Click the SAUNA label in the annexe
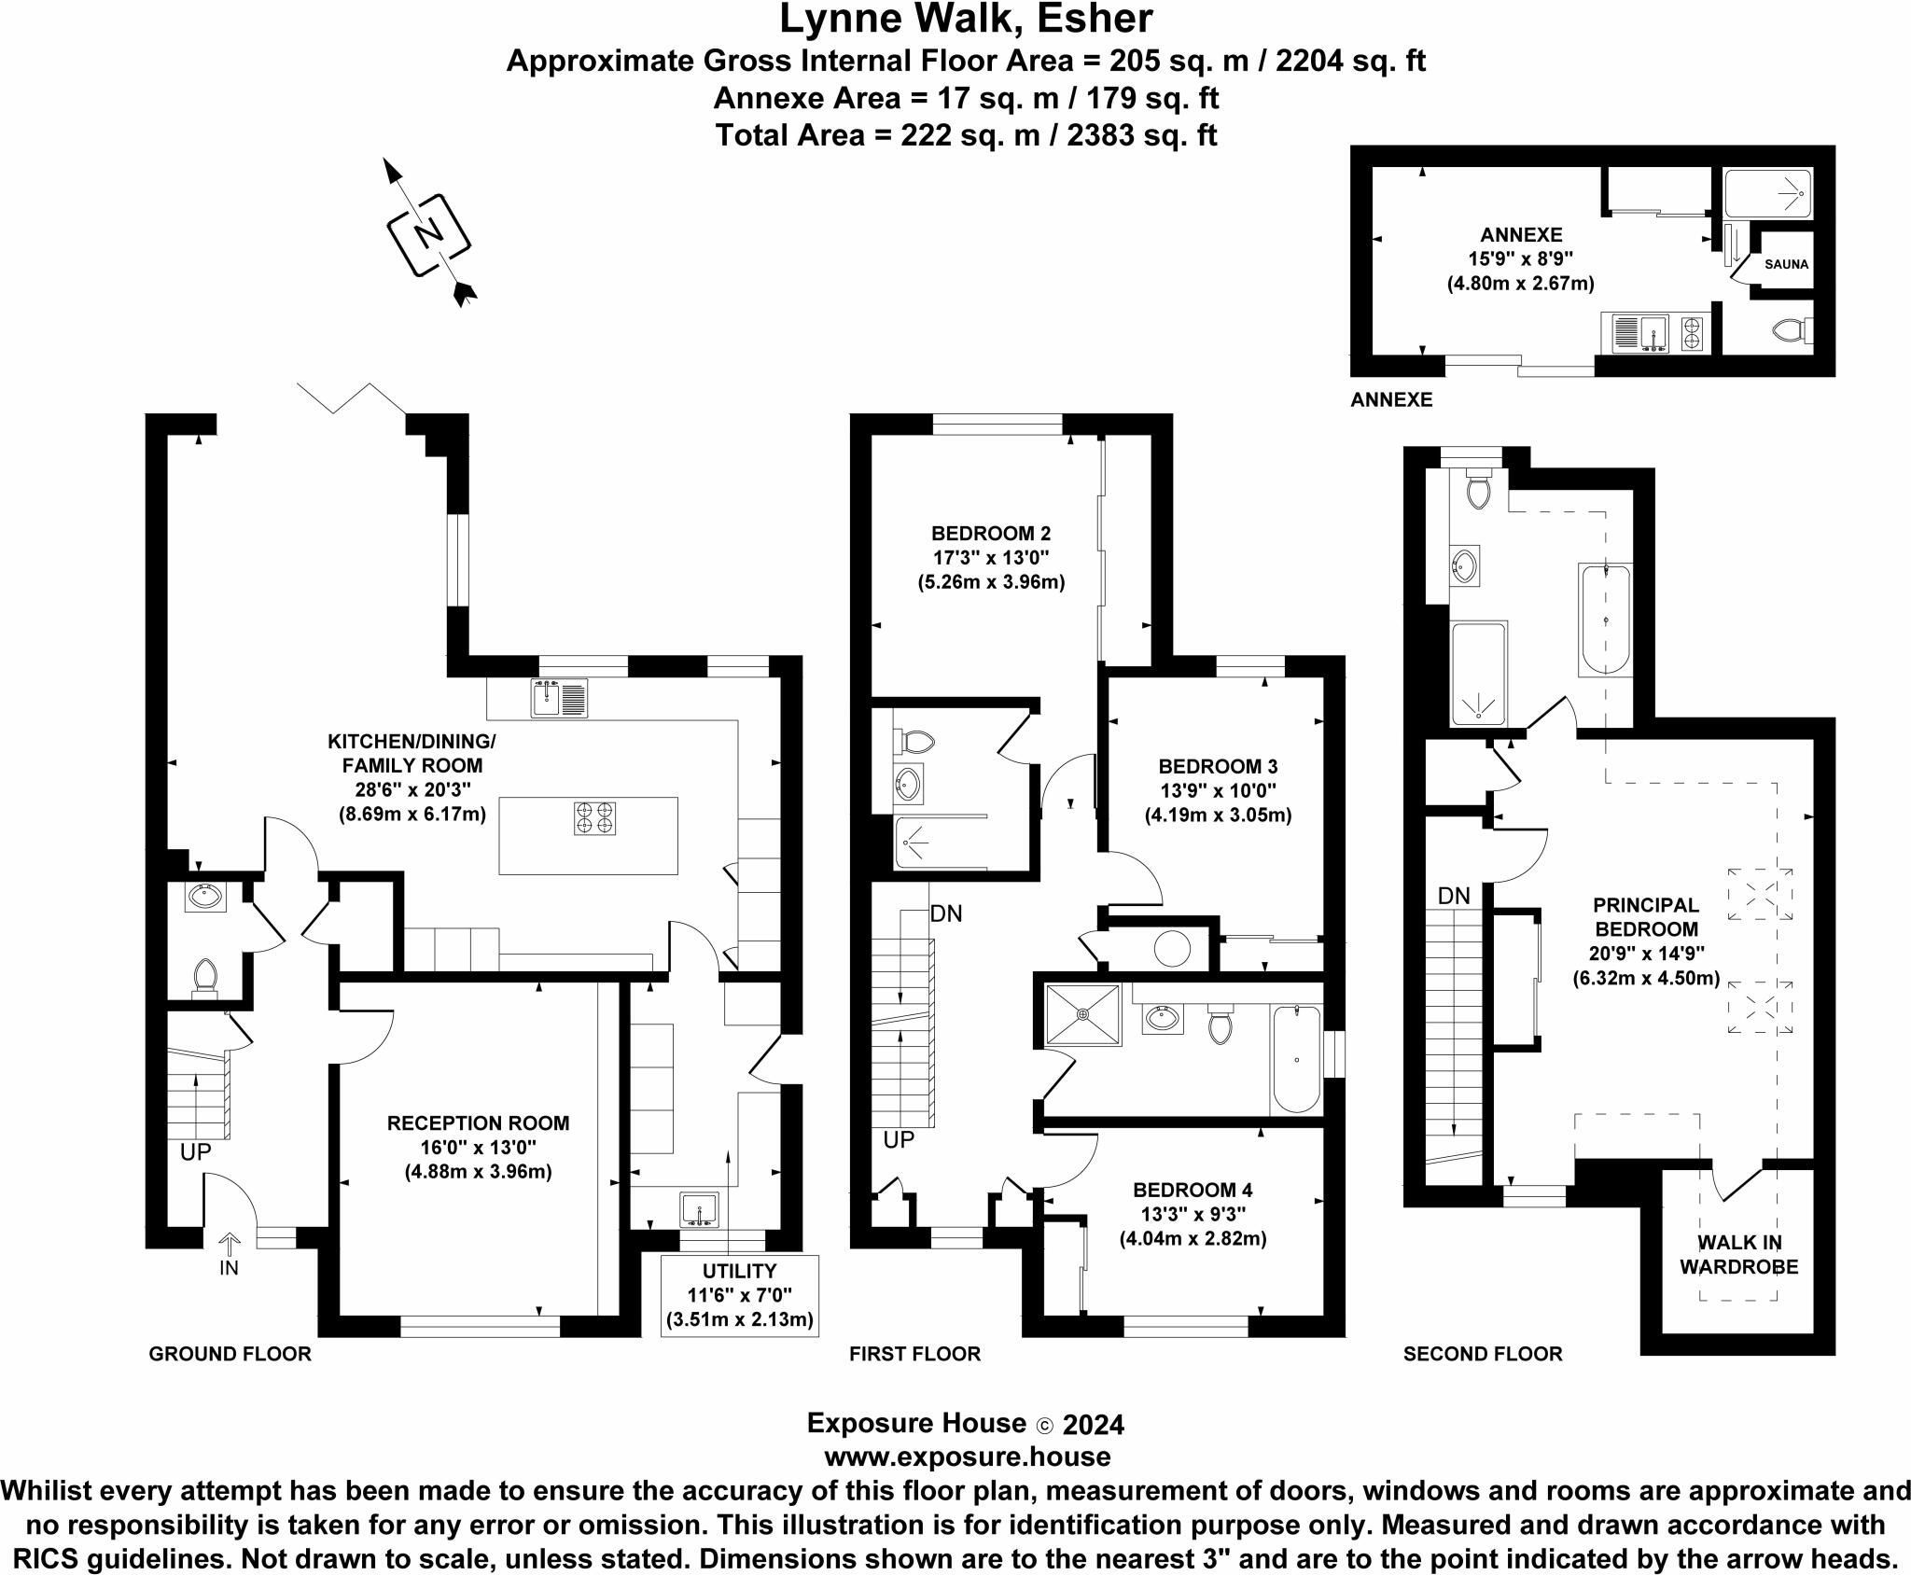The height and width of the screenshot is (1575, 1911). click(x=1786, y=264)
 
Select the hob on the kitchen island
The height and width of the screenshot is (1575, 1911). click(x=594, y=817)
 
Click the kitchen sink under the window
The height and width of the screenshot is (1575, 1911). click(x=559, y=698)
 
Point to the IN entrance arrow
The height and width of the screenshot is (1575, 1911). click(x=230, y=1245)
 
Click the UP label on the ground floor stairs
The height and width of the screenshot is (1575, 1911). click(x=196, y=1152)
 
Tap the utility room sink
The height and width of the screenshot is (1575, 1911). click(x=699, y=1209)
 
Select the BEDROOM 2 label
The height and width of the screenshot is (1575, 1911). click(x=991, y=534)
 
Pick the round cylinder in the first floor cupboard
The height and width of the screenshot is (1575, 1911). click(x=1172, y=949)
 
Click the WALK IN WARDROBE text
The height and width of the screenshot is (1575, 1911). click(x=1738, y=1255)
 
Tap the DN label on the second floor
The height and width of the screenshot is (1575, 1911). click(x=1454, y=897)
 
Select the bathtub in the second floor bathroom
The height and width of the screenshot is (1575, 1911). click(x=1604, y=620)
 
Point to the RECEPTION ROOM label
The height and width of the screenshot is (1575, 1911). click(x=478, y=1123)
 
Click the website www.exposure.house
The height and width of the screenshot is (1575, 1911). click(x=967, y=1457)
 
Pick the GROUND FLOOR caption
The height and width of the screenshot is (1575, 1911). click(x=230, y=1354)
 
